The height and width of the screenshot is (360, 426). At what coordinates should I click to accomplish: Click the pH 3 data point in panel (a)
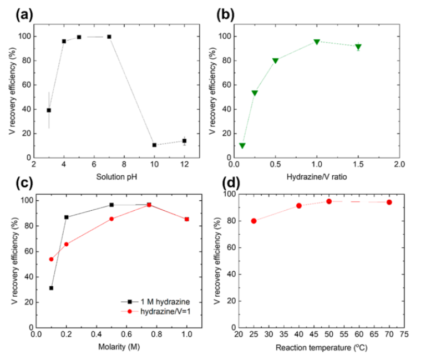click(x=49, y=110)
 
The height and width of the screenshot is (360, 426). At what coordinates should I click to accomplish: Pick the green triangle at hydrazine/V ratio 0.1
click(x=242, y=145)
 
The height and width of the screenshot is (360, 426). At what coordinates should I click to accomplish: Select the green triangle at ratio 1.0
click(x=317, y=42)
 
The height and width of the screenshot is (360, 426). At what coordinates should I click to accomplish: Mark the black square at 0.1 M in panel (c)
click(x=52, y=288)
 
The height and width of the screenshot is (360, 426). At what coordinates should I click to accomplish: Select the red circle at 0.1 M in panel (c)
click(x=52, y=259)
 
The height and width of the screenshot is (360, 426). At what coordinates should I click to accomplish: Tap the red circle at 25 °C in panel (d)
click(x=253, y=221)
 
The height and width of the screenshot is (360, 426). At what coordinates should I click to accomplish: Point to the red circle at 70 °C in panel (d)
click(x=389, y=202)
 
